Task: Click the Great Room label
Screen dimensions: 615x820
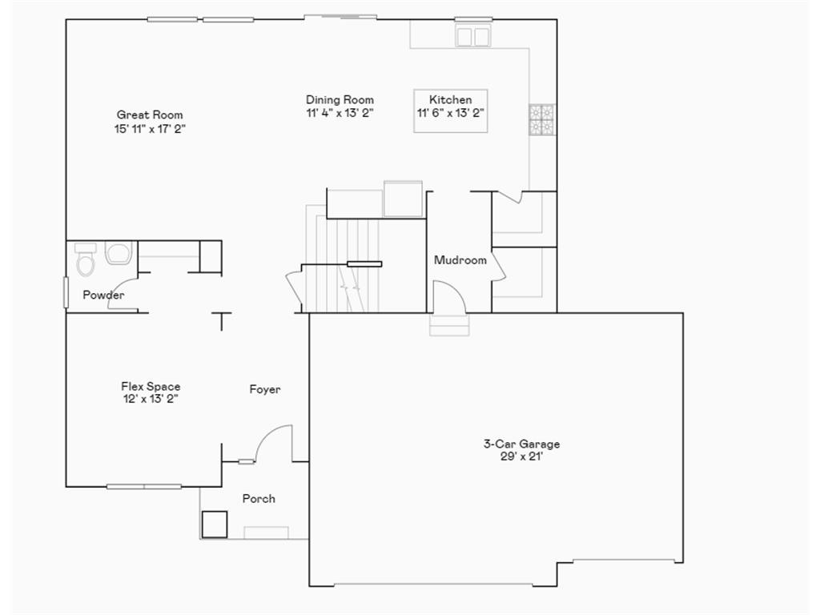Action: pyautogui.click(x=150, y=115)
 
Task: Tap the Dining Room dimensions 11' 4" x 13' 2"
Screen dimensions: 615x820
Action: pyautogui.click(x=340, y=113)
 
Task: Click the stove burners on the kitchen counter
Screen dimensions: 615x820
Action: pyautogui.click(x=542, y=119)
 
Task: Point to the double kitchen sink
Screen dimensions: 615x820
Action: pyautogui.click(x=472, y=36)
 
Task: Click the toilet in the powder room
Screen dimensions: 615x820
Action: pyautogui.click(x=86, y=259)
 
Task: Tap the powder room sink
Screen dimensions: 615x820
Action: pyautogui.click(x=119, y=254)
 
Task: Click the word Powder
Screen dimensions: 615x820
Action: pyautogui.click(x=103, y=295)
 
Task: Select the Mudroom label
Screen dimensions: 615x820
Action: pyautogui.click(x=460, y=260)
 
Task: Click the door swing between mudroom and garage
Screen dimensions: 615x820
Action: pyautogui.click(x=450, y=296)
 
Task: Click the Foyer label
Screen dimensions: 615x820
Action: pyautogui.click(x=265, y=390)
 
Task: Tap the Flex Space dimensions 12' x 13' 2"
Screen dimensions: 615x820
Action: pyautogui.click(x=151, y=399)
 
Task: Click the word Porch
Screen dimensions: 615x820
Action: pyautogui.click(x=259, y=499)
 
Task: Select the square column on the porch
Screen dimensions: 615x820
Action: pyautogui.click(x=215, y=525)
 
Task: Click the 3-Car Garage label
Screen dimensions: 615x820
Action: pyautogui.click(x=521, y=444)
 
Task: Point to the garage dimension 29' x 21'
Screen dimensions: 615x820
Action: pyautogui.click(x=521, y=456)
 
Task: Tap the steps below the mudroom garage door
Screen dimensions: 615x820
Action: pyautogui.click(x=449, y=325)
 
